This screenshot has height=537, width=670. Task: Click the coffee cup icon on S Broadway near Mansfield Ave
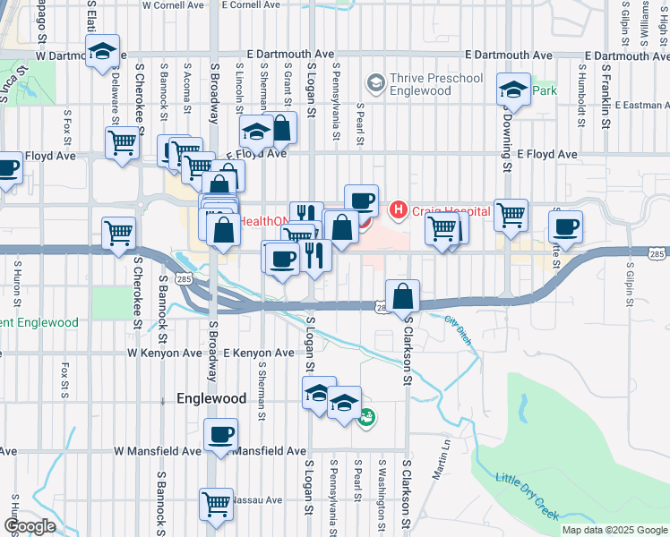(219, 436)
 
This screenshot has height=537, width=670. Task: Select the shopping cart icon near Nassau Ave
(216, 504)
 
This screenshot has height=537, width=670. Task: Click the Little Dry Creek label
(528, 496)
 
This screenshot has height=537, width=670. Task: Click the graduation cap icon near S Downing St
(513, 89)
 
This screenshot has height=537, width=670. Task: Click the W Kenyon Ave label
(165, 354)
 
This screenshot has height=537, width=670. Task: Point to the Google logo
(29, 526)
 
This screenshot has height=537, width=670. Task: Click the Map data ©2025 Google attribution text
(614, 530)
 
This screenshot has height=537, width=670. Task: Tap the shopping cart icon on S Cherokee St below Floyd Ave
(118, 234)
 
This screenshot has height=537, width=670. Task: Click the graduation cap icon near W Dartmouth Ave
(104, 53)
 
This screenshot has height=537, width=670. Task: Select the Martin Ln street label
(440, 465)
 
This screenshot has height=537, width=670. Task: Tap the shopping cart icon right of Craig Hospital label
(511, 214)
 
